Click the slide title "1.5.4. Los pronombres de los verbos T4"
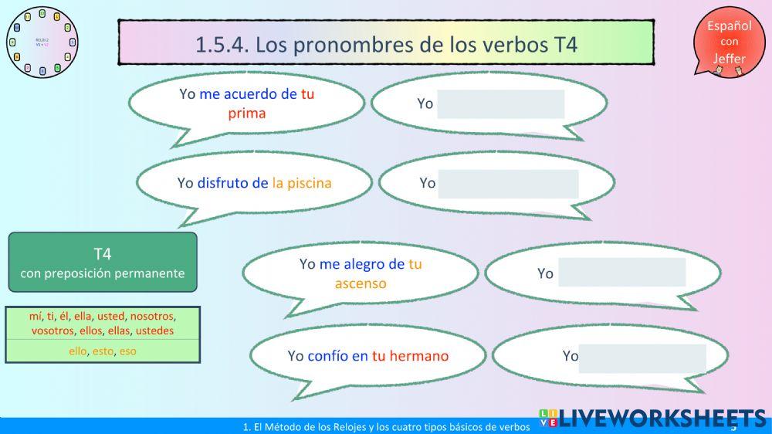click(x=386, y=43)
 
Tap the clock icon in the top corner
click(x=42, y=42)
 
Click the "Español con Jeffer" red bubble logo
click(x=727, y=42)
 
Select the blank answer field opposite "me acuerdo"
click(x=500, y=104)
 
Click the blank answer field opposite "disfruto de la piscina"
click(x=508, y=184)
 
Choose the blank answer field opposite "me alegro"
click(x=621, y=272)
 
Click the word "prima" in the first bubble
click(x=247, y=114)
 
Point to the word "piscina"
click(x=309, y=183)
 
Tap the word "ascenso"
click(x=361, y=283)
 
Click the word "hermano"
click(x=418, y=356)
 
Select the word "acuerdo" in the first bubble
click(x=251, y=94)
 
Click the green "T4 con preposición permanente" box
click(x=103, y=263)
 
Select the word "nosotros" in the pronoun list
click(x=152, y=317)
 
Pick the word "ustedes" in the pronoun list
click(x=154, y=331)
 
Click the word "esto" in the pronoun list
click(x=103, y=351)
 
